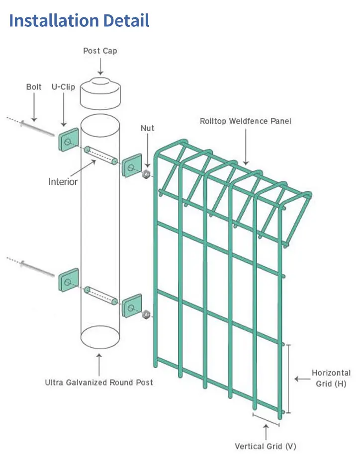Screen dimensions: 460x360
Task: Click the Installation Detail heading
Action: point(79,21)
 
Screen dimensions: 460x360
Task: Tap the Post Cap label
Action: point(100,51)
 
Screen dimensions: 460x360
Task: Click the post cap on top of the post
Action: point(100,94)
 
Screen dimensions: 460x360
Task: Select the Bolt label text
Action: point(33,87)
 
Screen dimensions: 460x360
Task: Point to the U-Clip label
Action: point(63,87)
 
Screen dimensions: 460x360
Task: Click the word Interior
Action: point(63,182)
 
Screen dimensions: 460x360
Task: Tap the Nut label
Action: point(147,128)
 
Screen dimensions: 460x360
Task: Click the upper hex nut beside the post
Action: point(147,174)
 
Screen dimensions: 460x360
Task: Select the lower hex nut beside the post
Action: point(147,314)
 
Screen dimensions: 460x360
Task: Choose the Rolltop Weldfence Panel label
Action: point(246,121)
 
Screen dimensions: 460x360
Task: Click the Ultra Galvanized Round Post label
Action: point(99,383)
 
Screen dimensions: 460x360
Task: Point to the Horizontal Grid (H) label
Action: point(331,378)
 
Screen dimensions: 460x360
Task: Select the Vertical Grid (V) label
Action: point(265,446)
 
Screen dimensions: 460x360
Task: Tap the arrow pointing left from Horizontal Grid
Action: point(301,379)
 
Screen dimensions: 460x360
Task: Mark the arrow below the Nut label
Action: point(147,150)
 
